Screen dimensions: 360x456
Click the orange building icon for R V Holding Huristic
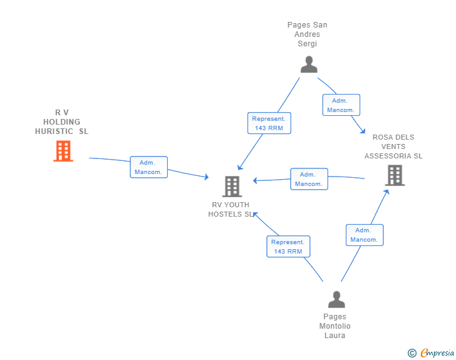pos(63,151)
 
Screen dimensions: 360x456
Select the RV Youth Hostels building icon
pos(232,187)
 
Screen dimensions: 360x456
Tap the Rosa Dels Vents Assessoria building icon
pos(395,176)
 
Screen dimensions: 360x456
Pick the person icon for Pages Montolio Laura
pos(336,300)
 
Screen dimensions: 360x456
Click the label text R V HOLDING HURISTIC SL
pos(62,122)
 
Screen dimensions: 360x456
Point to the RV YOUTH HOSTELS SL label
pos(231,209)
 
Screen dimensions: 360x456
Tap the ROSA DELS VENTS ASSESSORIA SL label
pos(393,147)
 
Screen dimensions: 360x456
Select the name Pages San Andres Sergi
pos(307,34)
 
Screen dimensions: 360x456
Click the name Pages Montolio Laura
pos(335,326)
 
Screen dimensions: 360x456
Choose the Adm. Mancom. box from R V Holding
pos(148,167)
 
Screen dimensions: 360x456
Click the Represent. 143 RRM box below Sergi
pos(269,123)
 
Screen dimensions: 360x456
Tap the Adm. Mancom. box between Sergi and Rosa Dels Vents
pos(341,105)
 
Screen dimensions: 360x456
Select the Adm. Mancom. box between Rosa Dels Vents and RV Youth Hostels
pos(309,179)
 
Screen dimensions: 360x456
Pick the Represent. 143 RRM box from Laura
pos(288,247)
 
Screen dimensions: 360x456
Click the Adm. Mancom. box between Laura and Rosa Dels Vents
pos(364,235)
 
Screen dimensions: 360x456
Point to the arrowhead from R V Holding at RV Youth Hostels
pos(205,178)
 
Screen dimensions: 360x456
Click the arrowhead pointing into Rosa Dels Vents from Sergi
pos(362,130)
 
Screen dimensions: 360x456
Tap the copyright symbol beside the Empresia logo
pos(412,353)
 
